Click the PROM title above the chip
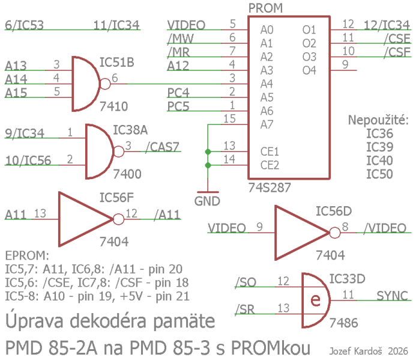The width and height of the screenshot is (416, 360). [x=265, y=8]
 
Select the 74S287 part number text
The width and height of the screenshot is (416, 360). [x=270, y=187]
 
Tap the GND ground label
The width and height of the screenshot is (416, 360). [x=207, y=201]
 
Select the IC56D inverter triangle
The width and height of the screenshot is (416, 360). [x=300, y=228]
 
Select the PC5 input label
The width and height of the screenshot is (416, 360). [x=178, y=106]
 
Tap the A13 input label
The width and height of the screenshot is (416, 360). [x=16, y=65]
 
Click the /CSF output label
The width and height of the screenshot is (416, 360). [x=397, y=52]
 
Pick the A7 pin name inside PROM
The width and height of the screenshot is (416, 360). [x=267, y=124]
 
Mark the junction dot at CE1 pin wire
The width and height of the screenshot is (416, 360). [x=207, y=151]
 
